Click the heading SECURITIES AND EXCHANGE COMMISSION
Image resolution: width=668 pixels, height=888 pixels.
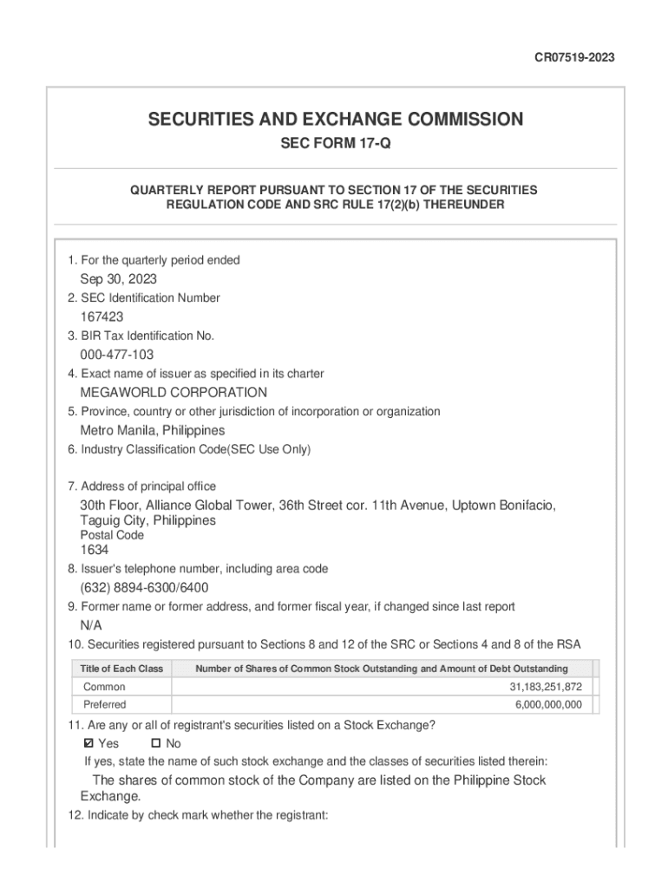[x=335, y=119]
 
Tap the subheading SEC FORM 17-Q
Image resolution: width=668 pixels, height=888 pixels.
[x=335, y=144]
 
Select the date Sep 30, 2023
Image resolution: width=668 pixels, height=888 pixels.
[x=119, y=279]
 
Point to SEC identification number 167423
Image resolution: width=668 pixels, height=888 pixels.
[x=102, y=317]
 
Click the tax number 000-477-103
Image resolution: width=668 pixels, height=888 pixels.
[x=117, y=355]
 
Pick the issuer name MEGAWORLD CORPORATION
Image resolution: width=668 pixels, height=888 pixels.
[x=174, y=392]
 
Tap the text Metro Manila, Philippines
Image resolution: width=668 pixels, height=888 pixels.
[x=153, y=430]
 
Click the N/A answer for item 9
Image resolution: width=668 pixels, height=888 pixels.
[x=92, y=625]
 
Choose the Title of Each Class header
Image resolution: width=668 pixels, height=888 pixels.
[x=121, y=669]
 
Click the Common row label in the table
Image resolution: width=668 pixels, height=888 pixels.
[x=104, y=687]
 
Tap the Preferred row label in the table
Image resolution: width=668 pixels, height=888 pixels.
[x=104, y=705]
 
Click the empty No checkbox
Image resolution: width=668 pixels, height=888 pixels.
[x=156, y=743]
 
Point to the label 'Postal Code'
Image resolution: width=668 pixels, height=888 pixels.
[x=112, y=535]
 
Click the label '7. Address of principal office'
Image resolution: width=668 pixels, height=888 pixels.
[x=141, y=486]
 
